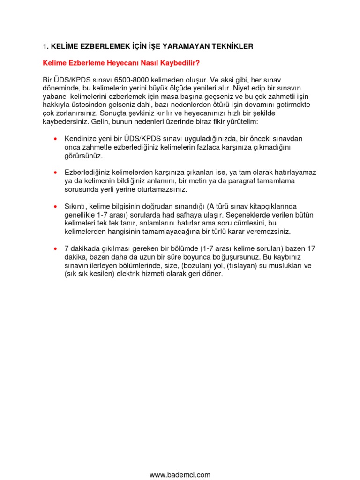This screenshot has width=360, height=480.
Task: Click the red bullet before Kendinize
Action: pyautogui.click(x=56, y=139)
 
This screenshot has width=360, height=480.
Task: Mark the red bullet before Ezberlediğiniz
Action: pyautogui.click(x=56, y=173)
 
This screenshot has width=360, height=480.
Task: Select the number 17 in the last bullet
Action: pyautogui.click(x=311, y=248)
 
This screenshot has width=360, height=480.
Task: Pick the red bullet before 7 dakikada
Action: pyautogui.click(x=56, y=248)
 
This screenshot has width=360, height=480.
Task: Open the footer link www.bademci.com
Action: pyautogui.click(x=180, y=475)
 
